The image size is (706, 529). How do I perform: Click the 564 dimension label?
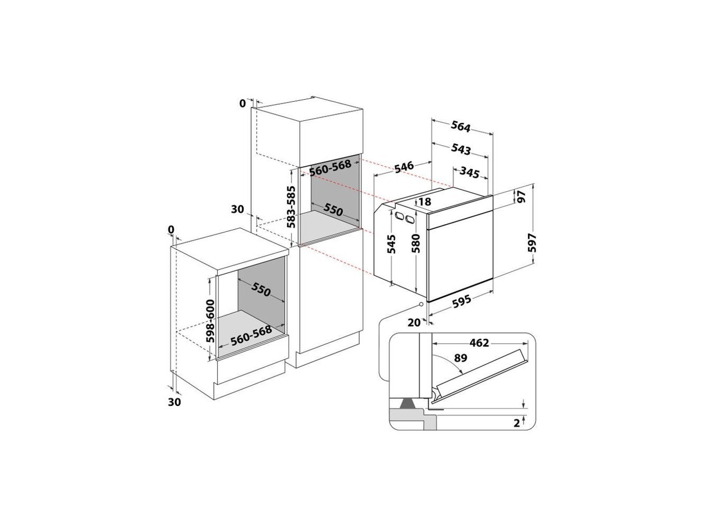pyautogui.click(x=461, y=126)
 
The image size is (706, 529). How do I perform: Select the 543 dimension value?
pyautogui.click(x=461, y=149)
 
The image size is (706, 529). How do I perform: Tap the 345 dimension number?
pyautogui.click(x=469, y=172)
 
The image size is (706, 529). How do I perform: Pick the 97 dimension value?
pyautogui.click(x=521, y=197)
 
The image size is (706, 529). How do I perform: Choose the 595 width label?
pyautogui.click(x=461, y=301)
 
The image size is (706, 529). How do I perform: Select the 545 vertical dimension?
pyautogui.click(x=391, y=244)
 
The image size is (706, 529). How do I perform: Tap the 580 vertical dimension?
pyautogui.click(x=416, y=243)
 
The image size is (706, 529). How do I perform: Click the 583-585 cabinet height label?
pyautogui.click(x=291, y=207)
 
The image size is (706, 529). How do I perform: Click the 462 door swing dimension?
pyautogui.click(x=479, y=343)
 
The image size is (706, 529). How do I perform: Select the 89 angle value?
pyautogui.click(x=460, y=358)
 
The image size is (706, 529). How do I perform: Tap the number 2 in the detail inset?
pyautogui.click(x=517, y=423)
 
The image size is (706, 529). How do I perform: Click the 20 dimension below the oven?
pyautogui.click(x=414, y=322)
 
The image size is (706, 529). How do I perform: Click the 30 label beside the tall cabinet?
pyautogui.click(x=238, y=209)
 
